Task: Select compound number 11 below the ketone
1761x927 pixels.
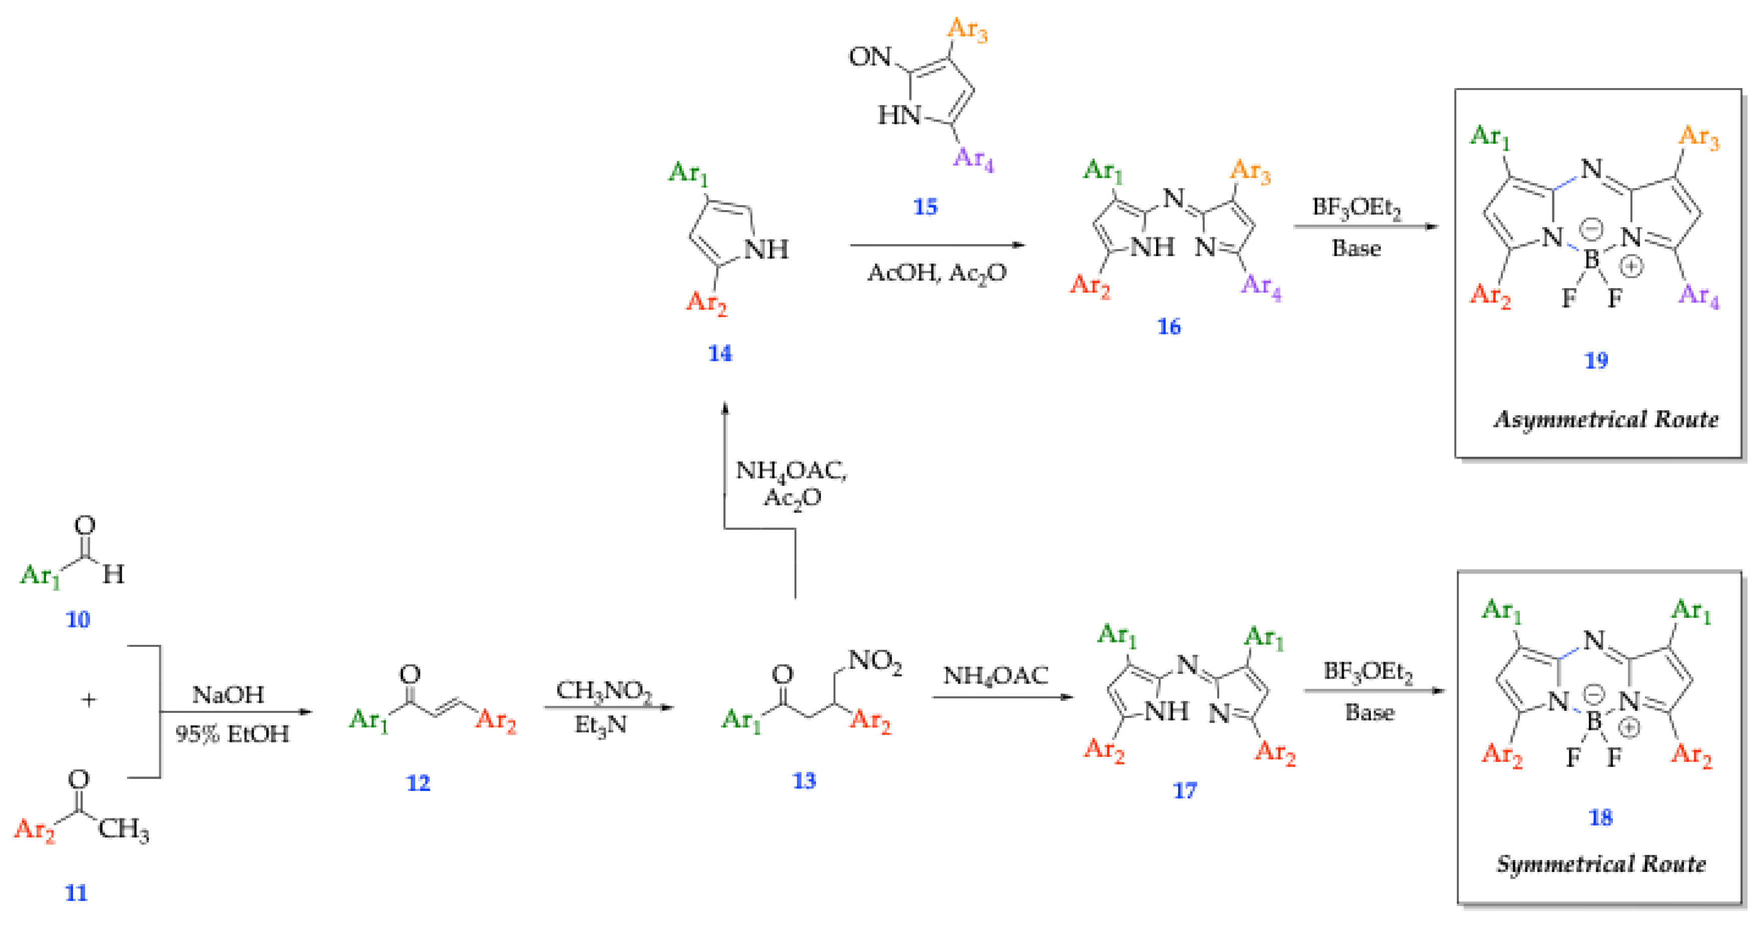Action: tap(76, 893)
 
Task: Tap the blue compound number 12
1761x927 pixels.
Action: tap(418, 783)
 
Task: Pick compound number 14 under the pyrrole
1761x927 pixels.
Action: tap(720, 353)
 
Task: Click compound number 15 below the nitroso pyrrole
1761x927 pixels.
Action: tap(926, 207)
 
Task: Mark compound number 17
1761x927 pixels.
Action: tap(1185, 791)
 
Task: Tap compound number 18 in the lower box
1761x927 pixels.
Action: tap(1600, 817)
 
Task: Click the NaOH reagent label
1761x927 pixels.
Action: tap(228, 694)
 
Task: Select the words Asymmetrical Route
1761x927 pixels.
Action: tap(1606, 419)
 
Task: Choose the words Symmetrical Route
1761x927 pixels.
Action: tap(1601, 864)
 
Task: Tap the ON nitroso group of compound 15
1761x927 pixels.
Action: tap(869, 57)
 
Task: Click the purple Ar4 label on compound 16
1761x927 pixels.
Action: tap(1261, 286)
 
